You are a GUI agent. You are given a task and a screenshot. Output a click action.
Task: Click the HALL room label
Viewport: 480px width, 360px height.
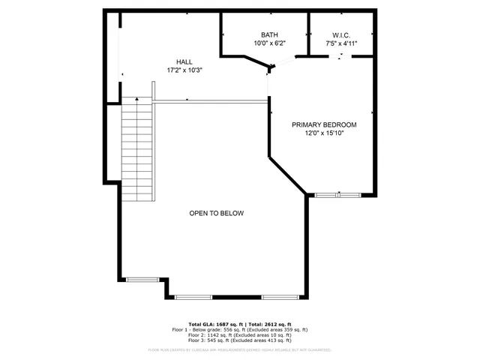click(184, 61)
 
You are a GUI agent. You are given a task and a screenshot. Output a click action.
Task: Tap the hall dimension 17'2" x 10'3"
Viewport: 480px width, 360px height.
click(184, 70)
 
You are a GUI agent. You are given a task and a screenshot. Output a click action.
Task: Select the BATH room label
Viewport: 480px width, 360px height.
click(269, 35)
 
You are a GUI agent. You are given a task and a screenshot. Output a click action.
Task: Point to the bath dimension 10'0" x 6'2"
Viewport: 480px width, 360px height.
click(269, 43)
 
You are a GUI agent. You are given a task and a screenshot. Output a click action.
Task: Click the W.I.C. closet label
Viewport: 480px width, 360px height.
click(341, 35)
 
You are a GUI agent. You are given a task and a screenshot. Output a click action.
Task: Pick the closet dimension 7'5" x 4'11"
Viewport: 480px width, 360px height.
click(341, 43)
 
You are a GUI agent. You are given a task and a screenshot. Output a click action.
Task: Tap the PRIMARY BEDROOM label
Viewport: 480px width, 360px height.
click(324, 124)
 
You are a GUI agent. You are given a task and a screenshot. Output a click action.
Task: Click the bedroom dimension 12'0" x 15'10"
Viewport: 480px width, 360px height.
click(324, 133)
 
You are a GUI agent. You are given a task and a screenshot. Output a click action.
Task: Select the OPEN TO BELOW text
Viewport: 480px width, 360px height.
click(216, 213)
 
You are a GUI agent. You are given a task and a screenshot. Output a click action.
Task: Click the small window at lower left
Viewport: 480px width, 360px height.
click(142, 279)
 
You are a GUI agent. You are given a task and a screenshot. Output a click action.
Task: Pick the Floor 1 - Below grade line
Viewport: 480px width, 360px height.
click(240, 329)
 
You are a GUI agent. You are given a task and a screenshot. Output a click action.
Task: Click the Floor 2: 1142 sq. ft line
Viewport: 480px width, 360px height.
click(240, 335)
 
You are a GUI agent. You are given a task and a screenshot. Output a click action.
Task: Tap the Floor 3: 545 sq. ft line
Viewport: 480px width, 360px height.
click(240, 341)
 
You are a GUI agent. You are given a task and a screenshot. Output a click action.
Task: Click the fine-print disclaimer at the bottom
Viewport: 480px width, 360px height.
click(240, 349)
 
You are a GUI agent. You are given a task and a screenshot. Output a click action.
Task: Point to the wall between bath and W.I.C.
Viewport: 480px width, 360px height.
click(309, 34)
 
